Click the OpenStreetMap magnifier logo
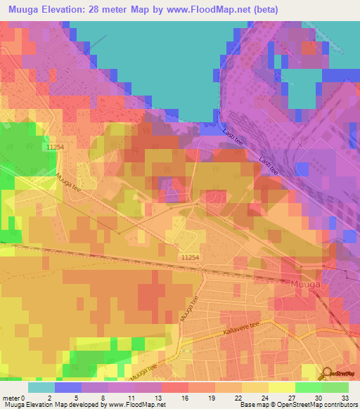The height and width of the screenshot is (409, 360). (327, 375)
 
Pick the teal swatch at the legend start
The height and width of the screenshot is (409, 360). (41, 387)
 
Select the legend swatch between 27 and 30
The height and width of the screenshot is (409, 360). (308, 387)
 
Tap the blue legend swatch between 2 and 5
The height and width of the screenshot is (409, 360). (68, 387)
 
